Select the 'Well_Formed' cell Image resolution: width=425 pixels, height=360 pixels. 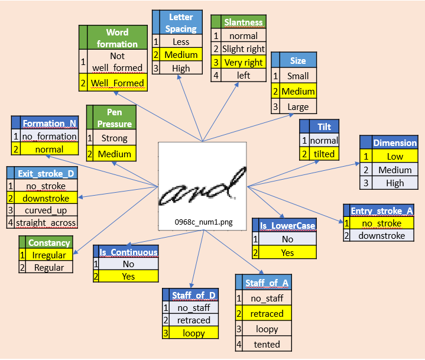(x=117, y=83)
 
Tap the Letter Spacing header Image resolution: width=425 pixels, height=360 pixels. (x=181, y=22)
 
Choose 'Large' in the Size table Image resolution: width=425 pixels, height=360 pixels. (x=298, y=107)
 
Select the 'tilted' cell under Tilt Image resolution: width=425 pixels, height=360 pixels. (x=324, y=154)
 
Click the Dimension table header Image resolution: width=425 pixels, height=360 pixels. (x=395, y=142)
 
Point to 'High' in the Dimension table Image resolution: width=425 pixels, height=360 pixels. (x=395, y=183)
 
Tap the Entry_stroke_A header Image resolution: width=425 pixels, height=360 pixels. (x=381, y=211)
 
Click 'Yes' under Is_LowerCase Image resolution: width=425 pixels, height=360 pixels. (x=287, y=252)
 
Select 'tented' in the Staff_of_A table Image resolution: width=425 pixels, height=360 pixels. (x=267, y=344)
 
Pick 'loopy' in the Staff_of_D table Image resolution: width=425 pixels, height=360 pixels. (x=194, y=333)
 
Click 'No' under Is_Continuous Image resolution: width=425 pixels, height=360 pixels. (x=128, y=264)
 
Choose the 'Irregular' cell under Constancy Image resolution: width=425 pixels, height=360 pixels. (x=49, y=255)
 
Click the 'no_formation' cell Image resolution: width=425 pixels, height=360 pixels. (x=49, y=136)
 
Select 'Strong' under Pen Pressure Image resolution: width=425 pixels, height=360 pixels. (x=114, y=138)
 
